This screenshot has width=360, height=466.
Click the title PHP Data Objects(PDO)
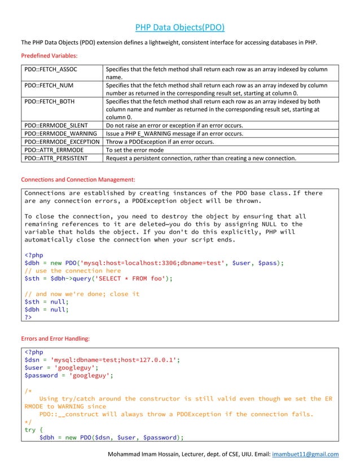point(180,28)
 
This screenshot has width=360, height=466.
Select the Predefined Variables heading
point(49,56)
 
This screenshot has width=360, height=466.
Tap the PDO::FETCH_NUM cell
point(49,85)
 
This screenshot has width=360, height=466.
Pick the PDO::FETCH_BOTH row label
point(50,102)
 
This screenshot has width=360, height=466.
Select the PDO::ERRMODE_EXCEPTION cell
point(62,142)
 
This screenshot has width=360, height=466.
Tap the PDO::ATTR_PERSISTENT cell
point(56,159)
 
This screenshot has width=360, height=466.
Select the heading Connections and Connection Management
point(78,179)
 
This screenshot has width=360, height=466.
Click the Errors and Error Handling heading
point(55,338)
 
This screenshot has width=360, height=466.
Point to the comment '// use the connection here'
point(73,271)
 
